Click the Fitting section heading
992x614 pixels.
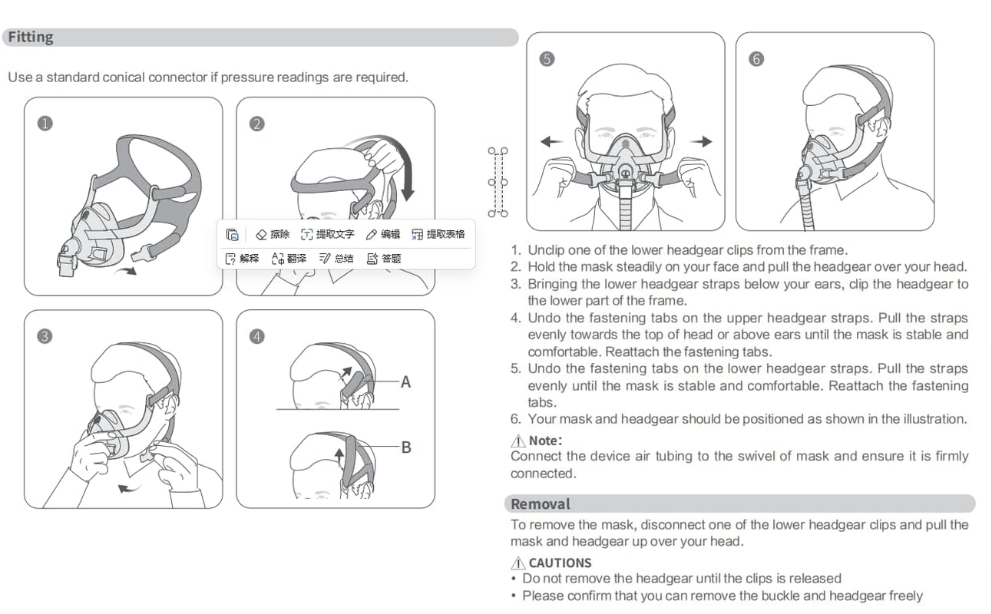coord(31,38)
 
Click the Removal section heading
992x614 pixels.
coord(541,504)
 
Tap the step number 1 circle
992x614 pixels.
coord(45,124)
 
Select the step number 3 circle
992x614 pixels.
coord(45,336)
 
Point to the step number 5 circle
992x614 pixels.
coord(547,59)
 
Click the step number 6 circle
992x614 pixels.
coord(756,59)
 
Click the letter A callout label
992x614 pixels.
coord(405,381)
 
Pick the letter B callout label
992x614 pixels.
coord(406,447)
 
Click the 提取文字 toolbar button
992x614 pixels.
coord(327,234)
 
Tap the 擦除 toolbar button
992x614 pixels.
coord(273,234)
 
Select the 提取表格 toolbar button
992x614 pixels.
coord(438,234)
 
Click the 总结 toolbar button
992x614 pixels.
coord(336,259)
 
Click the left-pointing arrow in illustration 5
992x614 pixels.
coord(551,141)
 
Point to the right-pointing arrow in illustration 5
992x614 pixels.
coord(701,141)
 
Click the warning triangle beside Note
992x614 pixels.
coord(518,441)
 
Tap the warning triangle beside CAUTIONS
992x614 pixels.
coord(518,563)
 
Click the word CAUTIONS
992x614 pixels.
coord(560,563)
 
